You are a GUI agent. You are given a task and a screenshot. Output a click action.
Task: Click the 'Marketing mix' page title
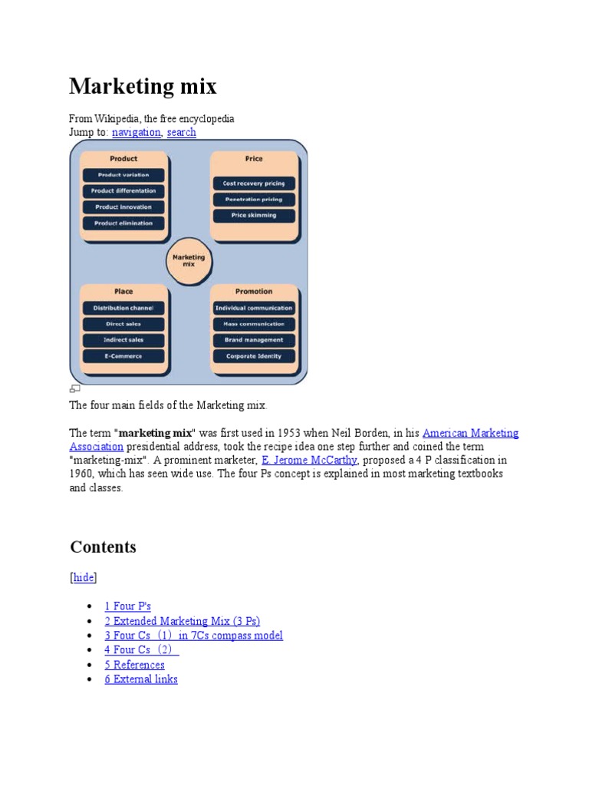click(x=143, y=87)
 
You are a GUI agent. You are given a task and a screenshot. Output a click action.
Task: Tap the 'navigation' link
click(x=137, y=132)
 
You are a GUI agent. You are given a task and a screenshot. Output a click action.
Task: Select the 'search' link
click(x=182, y=132)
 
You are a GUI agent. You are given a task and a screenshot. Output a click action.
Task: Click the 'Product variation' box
click(x=123, y=175)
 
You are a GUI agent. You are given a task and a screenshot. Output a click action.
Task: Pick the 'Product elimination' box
click(x=123, y=223)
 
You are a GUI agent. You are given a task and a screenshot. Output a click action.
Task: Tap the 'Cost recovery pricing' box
click(x=253, y=183)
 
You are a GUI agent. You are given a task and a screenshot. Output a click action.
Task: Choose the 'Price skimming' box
click(x=253, y=216)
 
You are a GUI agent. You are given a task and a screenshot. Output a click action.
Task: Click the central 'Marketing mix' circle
click(x=189, y=261)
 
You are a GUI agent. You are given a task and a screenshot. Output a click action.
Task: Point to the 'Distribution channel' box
click(x=123, y=308)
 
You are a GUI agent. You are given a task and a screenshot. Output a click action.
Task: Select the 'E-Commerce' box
click(x=123, y=356)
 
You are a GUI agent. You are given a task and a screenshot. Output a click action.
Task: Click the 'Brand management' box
click(x=253, y=340)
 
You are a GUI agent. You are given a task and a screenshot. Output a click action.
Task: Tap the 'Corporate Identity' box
click(x=253, y=356)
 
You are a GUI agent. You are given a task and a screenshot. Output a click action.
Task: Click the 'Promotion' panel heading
click(x=253, y=292)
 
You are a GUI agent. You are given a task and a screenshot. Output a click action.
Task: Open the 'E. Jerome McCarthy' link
click(x=309, y=460)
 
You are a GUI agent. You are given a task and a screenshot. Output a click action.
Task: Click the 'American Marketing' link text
click(x=470, y=433)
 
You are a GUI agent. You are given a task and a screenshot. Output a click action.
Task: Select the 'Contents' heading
click(x=103, y=547)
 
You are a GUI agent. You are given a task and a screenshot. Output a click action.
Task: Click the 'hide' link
click(x=84, y=578)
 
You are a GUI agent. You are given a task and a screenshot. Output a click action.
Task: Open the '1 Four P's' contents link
click(x=128, y=606)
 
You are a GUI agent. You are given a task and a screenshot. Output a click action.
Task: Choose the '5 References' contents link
click(x=135, y=665)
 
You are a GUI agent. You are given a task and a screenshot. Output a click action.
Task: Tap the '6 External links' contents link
click(x=141, y=679)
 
